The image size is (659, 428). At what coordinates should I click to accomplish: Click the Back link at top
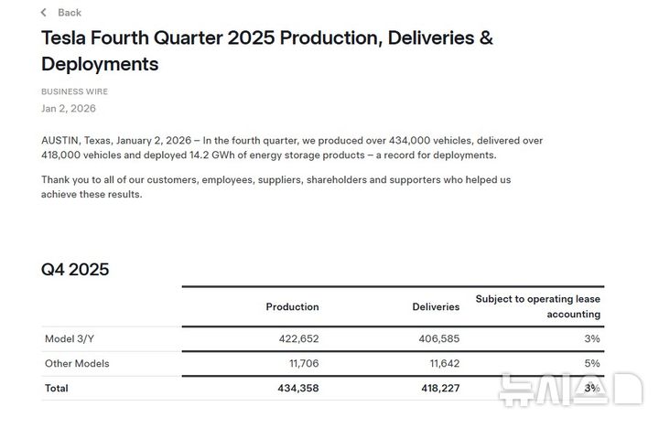click(x=69, y=13)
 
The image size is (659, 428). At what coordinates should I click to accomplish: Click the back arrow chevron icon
click(x=44, y=13)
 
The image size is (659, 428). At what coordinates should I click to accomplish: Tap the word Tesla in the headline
click(x=67, y=38)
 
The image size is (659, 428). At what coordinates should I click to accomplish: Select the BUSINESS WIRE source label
click(x=74, y=91)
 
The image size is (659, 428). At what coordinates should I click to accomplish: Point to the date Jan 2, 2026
click(x=68, y=108)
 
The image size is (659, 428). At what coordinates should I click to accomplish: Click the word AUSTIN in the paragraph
click(x=59, y=141)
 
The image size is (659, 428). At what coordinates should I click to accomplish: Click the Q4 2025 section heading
click(x=75, y=269)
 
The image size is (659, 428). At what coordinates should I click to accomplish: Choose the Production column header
click(x=292, y=306)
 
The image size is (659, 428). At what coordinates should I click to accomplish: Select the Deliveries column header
click(x=436, y=306)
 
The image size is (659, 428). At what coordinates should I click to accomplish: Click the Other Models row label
click(x=77, y=363)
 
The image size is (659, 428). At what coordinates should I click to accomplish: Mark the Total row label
click(x=56, y=388)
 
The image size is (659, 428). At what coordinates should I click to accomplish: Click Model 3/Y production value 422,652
click(x=298, y=338)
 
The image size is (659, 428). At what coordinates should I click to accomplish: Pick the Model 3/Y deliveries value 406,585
click(x=439, y=338)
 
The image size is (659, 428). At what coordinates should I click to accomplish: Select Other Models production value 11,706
click(x=301, y=363)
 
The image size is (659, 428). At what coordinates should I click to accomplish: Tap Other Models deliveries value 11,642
click(x=442, y=363)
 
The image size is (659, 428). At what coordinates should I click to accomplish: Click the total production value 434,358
click(x=297, y=388)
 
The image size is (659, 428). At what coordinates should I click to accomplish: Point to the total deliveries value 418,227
click(x=438, y=388)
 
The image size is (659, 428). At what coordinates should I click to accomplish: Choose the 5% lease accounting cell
click(x=592, y=363)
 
